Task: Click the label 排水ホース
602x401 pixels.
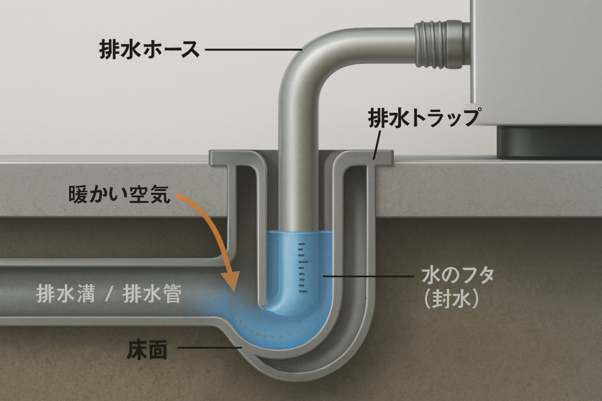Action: pyautogui.click(x=149, y=50)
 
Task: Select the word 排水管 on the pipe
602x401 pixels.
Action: pyautogui.click(x=152, y=293)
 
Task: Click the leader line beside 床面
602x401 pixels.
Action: pyautogui.click(x=209, y=348)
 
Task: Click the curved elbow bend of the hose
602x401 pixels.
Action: pyautogui.click(x=306, y=56)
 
